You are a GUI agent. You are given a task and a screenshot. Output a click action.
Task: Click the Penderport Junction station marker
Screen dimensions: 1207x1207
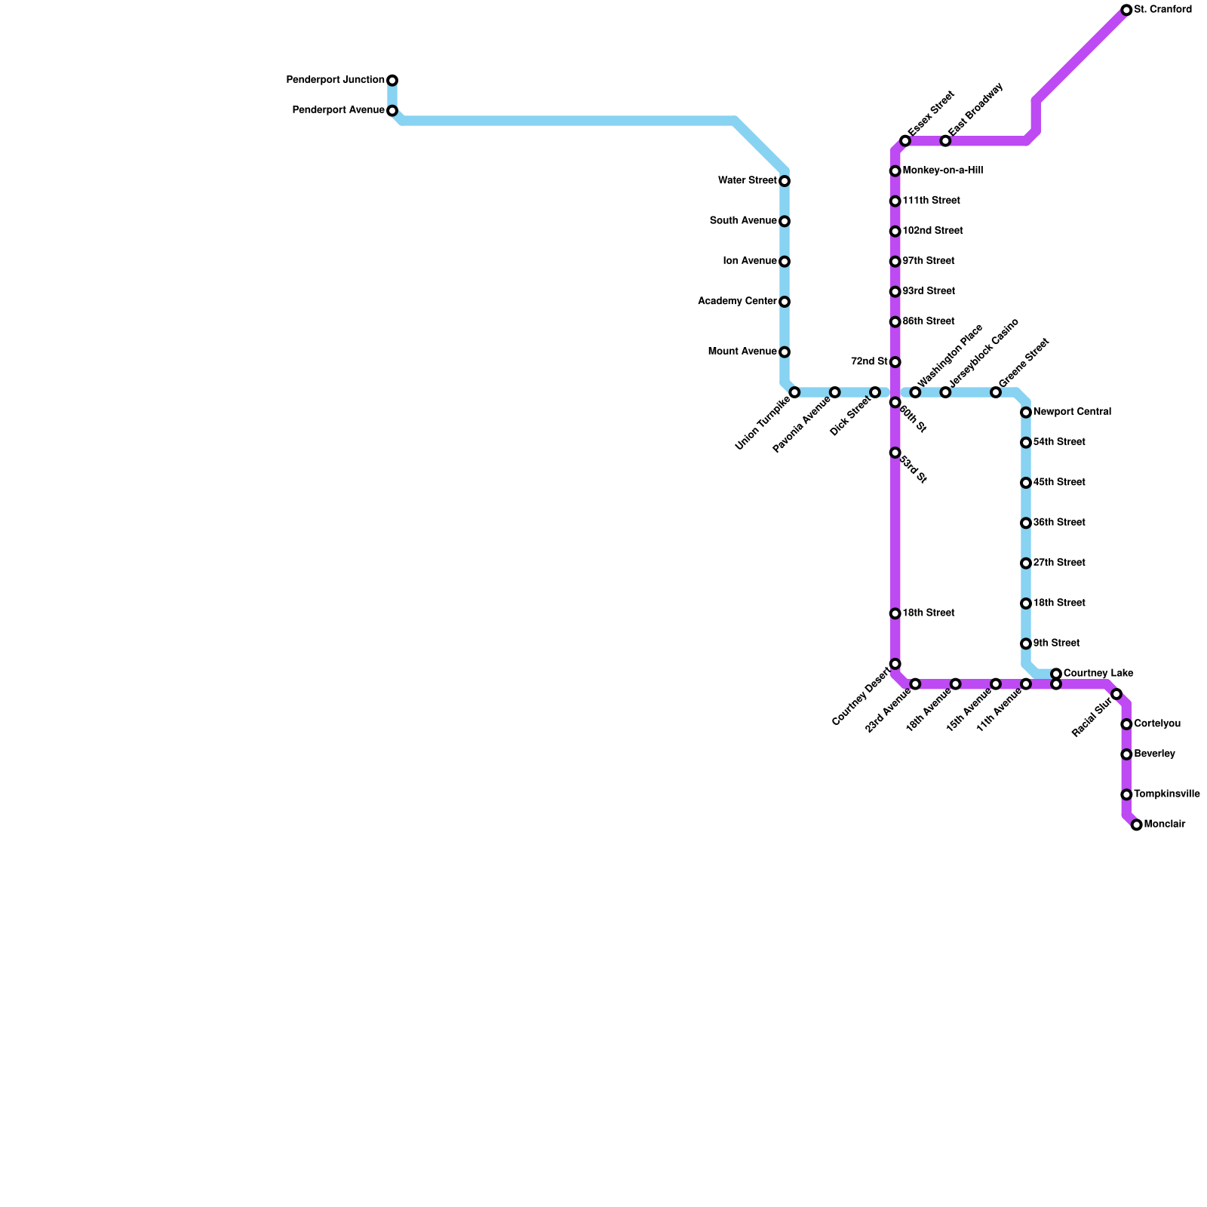pyautogui.click(x=392, y=81)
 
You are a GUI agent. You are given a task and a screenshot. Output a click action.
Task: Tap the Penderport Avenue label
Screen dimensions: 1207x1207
pyautogui.click(x=338, y=110)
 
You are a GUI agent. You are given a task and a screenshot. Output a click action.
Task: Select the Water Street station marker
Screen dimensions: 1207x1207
pyautogui.click(x=785, y=181)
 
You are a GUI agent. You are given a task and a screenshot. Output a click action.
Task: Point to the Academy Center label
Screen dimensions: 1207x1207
pyautogui.click(x=737, y=302)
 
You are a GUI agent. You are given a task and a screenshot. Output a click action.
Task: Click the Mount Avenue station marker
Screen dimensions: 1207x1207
pyautogui.click(x=785, y=352)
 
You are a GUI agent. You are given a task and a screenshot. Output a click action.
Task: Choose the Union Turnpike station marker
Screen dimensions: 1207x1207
pyautogui.click(x=794, y=392)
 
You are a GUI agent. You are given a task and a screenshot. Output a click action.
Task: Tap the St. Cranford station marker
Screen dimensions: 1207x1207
pyautogui.click(x=1126, y=11)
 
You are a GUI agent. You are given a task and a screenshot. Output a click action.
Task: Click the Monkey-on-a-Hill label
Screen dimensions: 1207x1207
pyautogui.click(x=942, y=170)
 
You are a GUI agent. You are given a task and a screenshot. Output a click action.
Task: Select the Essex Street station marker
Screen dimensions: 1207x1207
pyautogui.click(x=905, y=141)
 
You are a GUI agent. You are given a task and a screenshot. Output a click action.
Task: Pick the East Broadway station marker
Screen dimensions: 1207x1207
pyautogui.click(x=945, y=141)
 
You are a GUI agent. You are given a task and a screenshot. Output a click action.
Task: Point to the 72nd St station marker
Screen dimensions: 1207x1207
pyautogui.click(x=895, y=362)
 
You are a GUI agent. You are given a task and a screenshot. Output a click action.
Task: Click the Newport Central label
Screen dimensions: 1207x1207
pyautogui.click(x=1071, y=412)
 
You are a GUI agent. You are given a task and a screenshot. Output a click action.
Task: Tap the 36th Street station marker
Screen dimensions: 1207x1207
pyautogui.click(x=1026, y=523)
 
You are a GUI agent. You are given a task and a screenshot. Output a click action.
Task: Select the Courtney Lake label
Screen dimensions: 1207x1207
pyautogui.click(x=1098, y=673)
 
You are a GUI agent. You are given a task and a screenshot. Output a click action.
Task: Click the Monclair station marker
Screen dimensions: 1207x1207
pyautogui.click(x=1137, y=825)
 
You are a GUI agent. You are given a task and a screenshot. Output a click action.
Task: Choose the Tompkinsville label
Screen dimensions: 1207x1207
pyautogui.click(x=1166, y=794)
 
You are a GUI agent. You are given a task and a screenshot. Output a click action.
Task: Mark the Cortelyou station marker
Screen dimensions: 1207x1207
pyautogui.click(x=1126, y=724)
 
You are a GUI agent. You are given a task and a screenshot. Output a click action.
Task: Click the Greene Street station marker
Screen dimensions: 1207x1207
pyautogui.click(x=996, y=392)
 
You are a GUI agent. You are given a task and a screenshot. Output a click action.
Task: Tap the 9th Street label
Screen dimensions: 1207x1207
pyautogui.click(x=1056, y=643)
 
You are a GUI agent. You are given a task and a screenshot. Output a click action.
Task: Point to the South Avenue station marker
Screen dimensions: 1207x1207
pyautogui.click(x=785, y=221)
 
